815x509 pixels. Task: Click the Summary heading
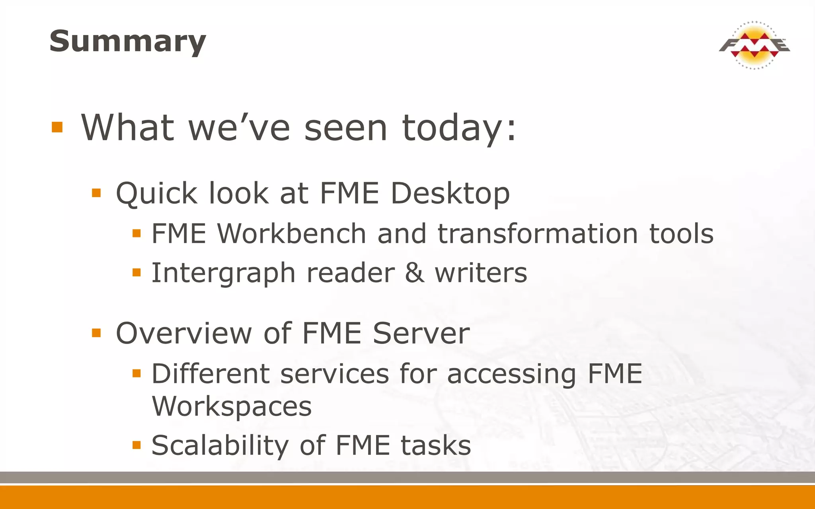tap(128, 41)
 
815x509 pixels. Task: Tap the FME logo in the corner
tap(754, 45)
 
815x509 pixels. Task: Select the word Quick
tap(156, 194)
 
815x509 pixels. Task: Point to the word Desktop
tap(450, 194)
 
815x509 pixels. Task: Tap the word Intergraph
tap(223, 274)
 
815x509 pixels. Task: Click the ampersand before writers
tap(415, 273)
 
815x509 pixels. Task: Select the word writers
tap(481, 273)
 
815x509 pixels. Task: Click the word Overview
tap(184, 333)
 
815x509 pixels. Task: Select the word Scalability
tap(220, 445)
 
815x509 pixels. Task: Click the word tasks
tap(436, 445)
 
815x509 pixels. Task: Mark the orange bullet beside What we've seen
tap(57, 127)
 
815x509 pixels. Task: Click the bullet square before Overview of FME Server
tap(96, 332)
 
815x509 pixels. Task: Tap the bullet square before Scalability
tap(136, 445)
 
